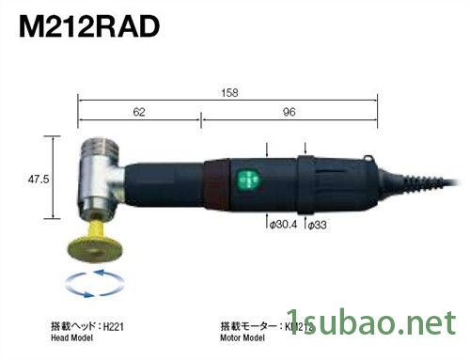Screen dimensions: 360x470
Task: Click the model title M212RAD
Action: coord(85,24)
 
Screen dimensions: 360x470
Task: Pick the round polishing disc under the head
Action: coord(94,250)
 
